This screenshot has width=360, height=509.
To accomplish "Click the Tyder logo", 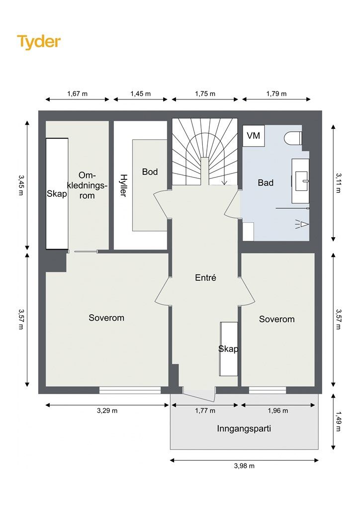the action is tap(39, 42).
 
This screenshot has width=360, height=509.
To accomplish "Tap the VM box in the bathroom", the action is tap(254, 135).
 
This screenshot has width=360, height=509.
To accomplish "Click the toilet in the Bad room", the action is tap(293, 138).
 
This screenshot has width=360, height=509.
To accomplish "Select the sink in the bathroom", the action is tap(300, 181).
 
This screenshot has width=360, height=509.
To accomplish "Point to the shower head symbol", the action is tap(302, 224).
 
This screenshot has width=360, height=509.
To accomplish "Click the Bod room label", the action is tap(150, 171).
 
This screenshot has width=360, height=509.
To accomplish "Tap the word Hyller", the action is tap(123, 185).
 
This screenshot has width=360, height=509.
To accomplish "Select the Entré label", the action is tap(205, 277).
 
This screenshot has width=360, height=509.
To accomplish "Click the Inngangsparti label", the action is tap(244, 428).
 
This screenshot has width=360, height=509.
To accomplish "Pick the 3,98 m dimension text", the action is tap(244, 466).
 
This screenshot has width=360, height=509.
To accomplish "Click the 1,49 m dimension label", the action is tap(338, 422).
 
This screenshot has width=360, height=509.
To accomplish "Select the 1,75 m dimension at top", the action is tap(205, 94).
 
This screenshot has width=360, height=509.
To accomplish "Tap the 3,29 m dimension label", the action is tap(107, 411).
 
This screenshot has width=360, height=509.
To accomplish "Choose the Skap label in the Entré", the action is tap(228, 348).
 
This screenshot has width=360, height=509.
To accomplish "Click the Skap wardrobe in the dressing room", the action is tap(57, 194).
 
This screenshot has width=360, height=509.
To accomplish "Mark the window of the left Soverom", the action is tap(130, 390).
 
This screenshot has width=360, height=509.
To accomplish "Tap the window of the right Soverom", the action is tap(268, 390).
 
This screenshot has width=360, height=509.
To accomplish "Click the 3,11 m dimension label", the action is tap(338, 183).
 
